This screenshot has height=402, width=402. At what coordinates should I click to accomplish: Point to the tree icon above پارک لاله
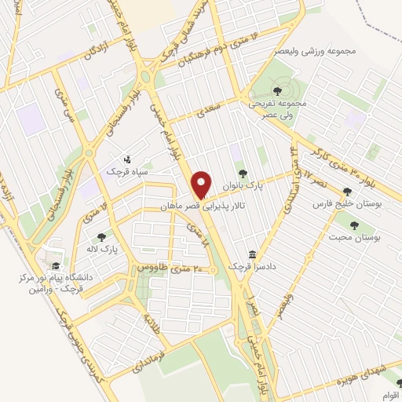pyautogui.click(x=100, y=236)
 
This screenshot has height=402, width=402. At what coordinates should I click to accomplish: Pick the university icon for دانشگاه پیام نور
pyautogui.click(x=53, y=265)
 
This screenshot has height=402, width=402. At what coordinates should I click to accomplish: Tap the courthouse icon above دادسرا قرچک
pyautogui.click(x=251, y=254)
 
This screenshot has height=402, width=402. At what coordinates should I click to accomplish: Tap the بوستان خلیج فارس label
pyautogui.click(x=329, y=204)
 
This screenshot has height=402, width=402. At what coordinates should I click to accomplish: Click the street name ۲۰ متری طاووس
pyautogui.click(x=170, y=268)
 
